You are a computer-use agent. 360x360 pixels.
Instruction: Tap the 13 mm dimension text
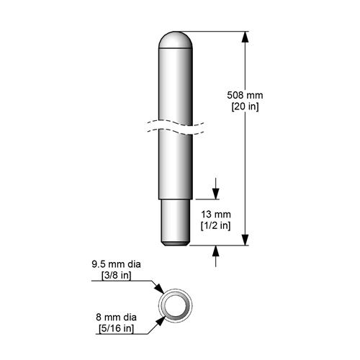[x=215, y=215]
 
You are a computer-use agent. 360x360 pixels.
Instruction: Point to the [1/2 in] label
[x=215, y=226]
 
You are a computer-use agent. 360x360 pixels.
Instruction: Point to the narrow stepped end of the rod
[x=176, y=223]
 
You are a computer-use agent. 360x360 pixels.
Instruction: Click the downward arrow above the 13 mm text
[x=216, y=193]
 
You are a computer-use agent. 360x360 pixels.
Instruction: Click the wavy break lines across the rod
[x=176, y=127]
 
